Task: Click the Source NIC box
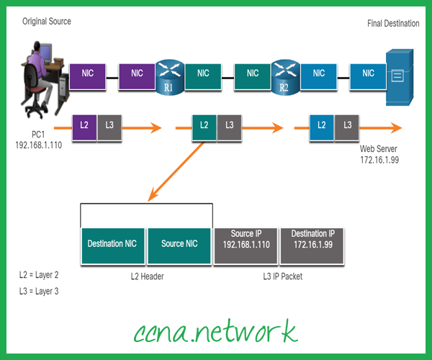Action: (x=179, y=243)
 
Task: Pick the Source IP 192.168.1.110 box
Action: (x=247, y=243)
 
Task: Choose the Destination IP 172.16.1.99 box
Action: (x=312, y=243)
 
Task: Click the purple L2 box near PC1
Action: (x=84, y=125)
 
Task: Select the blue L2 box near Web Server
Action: (x=322, y=125)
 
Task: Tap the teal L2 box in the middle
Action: (x=204, y=125)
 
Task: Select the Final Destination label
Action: (x=393, y=24)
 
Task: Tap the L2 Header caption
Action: (x=146, y=276)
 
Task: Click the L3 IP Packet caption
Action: (x=279, y=276)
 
